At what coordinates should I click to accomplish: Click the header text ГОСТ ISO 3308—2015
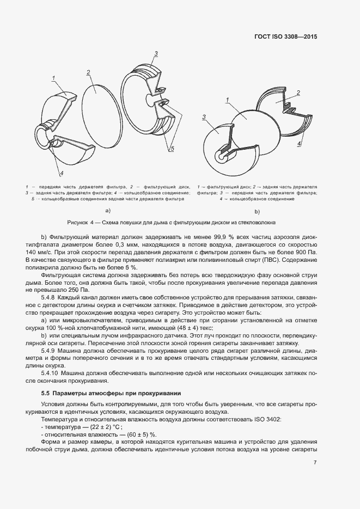pyautogui.click(x=285, y=38)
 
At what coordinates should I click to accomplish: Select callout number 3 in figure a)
pyautogui.click(x=156, y=53)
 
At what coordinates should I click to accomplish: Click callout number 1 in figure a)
pyautogui.click(x=54, y=78)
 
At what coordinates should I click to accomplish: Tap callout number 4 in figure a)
pyautogui.click(x=62, y=173)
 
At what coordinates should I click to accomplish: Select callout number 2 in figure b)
pyautogui.click(x=298, y=93)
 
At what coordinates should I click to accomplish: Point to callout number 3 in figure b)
pyautogui.click(x=203, y=116)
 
